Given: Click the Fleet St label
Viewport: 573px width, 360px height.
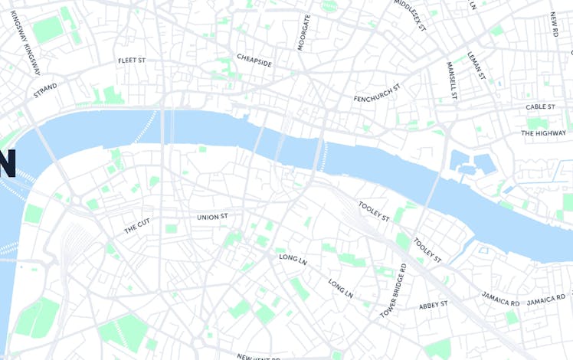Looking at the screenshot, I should coord(132,60).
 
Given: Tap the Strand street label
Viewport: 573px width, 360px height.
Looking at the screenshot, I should coord(45,91).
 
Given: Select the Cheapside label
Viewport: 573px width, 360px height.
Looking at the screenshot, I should coord(254,61).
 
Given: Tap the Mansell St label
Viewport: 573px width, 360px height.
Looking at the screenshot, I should coord(451,81).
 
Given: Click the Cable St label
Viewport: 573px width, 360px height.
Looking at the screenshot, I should coord(545,106).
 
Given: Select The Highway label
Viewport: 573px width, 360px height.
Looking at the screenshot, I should coord(543,133).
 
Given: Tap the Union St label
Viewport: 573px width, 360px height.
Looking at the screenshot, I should coord(212,217).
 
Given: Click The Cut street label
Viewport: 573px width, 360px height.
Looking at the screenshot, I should coord(137,226).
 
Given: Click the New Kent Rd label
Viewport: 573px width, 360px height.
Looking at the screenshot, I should coord(258,356).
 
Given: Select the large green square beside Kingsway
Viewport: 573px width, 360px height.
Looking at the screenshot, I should coord(47,30).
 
